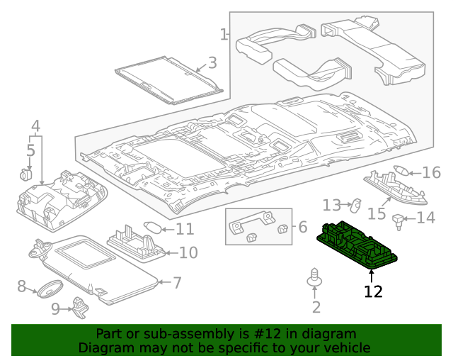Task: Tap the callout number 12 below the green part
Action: (372, 291)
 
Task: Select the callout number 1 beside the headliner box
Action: (224, 34)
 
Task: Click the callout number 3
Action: (212, 63)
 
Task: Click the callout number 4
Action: (35, 127)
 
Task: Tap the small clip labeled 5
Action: (28, 173)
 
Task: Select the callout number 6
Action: (302, 227)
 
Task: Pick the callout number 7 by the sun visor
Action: (177, 283)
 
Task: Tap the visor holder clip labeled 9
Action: (81, 306)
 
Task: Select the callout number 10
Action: (188, 252)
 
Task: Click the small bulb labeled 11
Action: (153, 228)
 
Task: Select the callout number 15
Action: (376, 213)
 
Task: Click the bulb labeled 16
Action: (401, 171)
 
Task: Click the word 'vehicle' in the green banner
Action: (346, 347)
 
